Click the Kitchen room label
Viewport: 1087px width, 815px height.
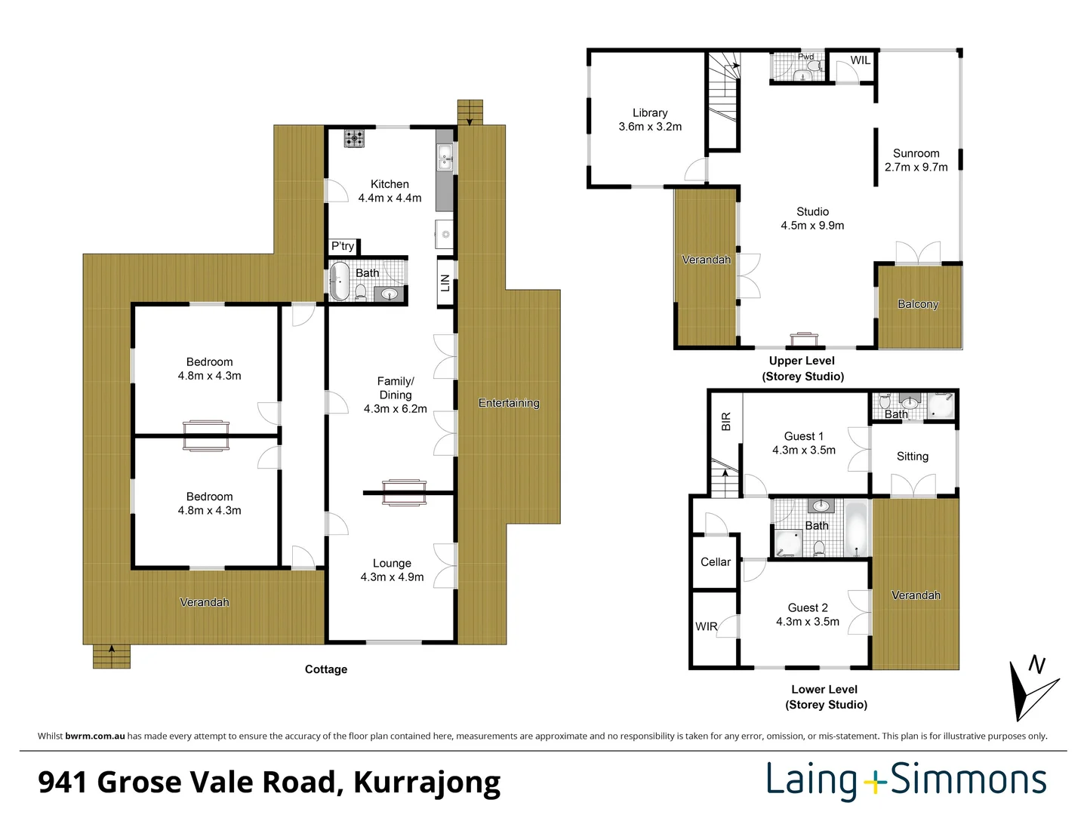[390, 184]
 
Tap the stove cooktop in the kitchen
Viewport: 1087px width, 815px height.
[354, 138]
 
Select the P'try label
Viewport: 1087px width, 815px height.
[342, 246]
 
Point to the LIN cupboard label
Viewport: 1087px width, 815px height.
[445, 283]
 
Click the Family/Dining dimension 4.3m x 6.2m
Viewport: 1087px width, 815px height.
[395, 409]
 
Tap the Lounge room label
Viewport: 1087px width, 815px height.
[392, 563]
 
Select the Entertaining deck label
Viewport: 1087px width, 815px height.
[509, 403]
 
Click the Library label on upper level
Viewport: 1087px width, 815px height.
[650, 112]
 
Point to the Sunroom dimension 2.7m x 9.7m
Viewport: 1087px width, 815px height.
[916, 167]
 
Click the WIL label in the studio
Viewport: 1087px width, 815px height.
[861, 60]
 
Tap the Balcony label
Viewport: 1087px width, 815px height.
[918, 304]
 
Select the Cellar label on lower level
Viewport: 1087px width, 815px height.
[715, 562]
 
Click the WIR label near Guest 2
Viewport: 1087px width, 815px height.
[706, 626]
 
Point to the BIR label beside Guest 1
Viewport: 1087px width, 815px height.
[726, 421]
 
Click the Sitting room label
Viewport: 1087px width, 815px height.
[912, 457]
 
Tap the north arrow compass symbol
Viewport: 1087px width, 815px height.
[1031, 687]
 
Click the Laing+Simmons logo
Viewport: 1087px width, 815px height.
[907, 780]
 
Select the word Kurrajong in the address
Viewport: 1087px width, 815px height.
[426, 783]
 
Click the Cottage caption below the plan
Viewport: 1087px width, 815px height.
[326, 669]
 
